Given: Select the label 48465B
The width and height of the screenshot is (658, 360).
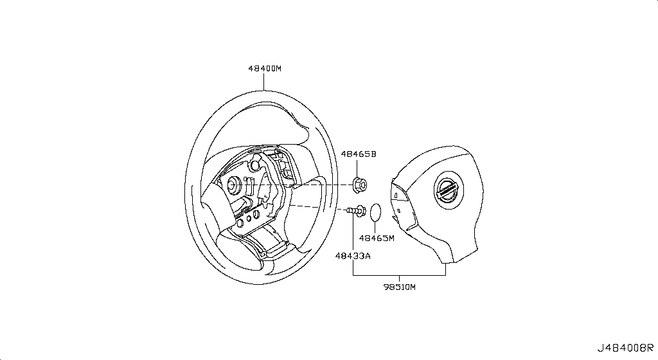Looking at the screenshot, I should coord(358,154).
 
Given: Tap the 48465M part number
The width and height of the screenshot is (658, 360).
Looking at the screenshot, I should coord(376,238).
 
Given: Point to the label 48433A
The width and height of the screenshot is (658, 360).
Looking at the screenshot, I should coord(352,256).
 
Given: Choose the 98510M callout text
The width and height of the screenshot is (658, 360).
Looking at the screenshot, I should coord(400,287).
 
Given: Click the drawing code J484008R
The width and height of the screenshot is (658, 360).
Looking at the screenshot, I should coord(627,350).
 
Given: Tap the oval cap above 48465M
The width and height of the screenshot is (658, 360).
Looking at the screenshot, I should coord(376,212).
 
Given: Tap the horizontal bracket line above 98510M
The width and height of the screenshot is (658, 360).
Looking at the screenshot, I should coord(399,275).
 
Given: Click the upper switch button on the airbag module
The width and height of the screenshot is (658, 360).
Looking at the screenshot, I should coord(398,193).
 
